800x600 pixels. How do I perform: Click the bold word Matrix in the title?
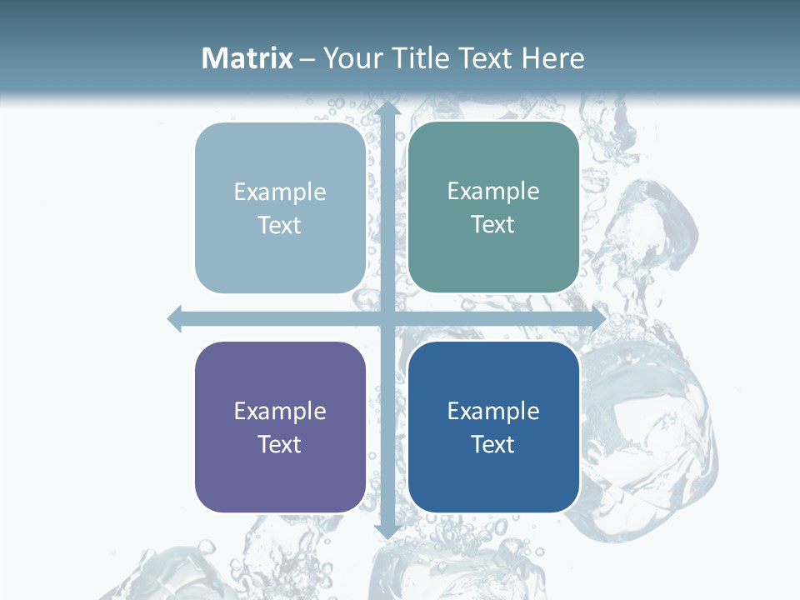(247, 58)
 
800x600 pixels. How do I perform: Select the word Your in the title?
(350, 58)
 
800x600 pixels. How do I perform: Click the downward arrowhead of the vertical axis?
(387, 530)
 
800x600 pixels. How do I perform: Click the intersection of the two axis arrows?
(387, 318)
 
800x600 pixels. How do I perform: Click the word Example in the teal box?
(493, 192)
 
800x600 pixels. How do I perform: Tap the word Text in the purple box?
(280, 444)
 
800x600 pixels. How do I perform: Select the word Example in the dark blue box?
(493, 411)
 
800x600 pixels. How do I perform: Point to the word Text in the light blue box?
(280, 225)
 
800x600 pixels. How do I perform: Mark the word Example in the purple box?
(280, 411)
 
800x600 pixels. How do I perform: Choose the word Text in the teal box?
(493, 224)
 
